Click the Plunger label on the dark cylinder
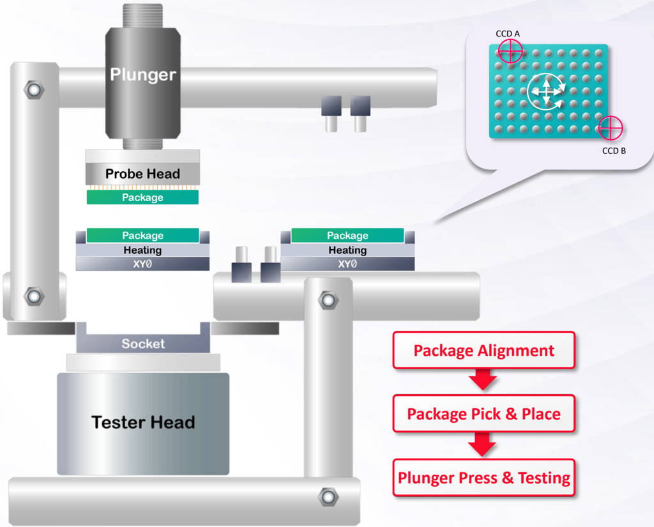click(x=143, y=74)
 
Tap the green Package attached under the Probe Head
click(x=142, y=197)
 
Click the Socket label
click(x=143, y=344)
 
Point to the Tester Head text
click(x=143, y=422)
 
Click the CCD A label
click(x=508, y=34)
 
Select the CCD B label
click(x=614, y=151)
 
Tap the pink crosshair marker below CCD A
click(x=510, y=51)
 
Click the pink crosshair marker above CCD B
click(x=610, y=128)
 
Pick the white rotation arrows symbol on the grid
click(x=547, y=92)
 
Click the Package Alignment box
click(x=484, y=351)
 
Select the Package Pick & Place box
click(x=484, y=413)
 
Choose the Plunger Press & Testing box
click(x=484, y=478)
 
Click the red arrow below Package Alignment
click(x=483, y=379)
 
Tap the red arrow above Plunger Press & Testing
click(x=482, y=444)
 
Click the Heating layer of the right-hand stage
click(x=347, y=250)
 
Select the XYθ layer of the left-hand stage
click(x=142, y=264)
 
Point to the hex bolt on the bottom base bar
click(x=328, y=497)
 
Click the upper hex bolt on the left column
click(x=34, y=89)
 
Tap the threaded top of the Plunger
click(x=142, y=16)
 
